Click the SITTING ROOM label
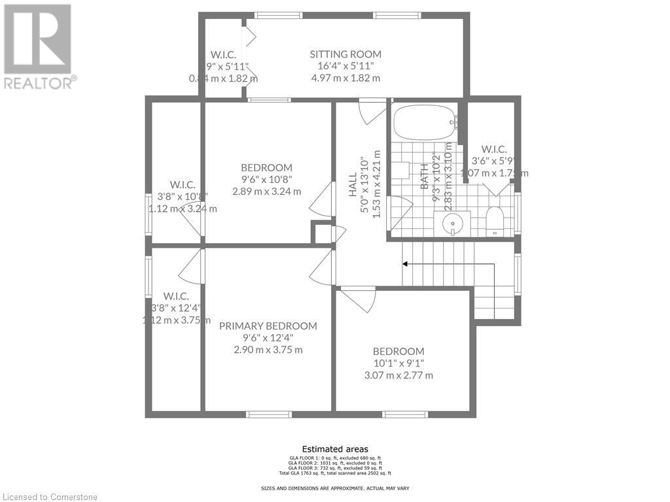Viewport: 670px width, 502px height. coord(345,54)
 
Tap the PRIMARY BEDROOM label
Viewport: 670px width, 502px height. coord(268,326)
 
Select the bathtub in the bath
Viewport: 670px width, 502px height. coord(425,123)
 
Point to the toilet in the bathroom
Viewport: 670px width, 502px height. coord(494,222)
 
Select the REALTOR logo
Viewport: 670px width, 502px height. coord(38,46)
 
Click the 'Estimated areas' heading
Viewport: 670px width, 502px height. coord(334,449)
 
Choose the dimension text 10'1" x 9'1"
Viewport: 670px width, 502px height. coord(398,363)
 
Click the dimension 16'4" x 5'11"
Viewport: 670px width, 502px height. coord(345,66)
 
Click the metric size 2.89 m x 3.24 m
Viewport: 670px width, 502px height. coord(266,192)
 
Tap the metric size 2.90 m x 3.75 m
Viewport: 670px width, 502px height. coord(268,350)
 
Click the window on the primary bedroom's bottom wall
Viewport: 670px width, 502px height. coord(268,414)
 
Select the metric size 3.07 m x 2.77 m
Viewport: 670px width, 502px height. coord(398,375)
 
